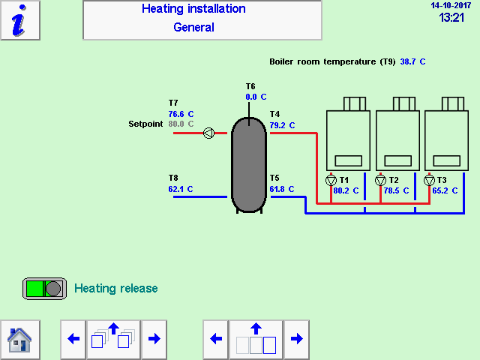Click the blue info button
(20, 20)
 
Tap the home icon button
(19, 339)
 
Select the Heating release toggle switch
(44, 289)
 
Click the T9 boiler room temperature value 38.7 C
(412, 62)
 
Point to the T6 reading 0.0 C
(256, 97)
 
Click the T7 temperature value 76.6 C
(181, 114)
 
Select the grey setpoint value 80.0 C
(181, 124)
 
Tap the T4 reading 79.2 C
(282, 125)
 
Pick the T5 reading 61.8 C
(282, 189)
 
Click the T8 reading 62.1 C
(181, 189)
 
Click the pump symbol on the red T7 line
(208, 133)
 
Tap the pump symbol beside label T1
(331, 180)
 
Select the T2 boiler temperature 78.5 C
(396, 190)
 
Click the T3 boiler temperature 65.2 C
(445, 190)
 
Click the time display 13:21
(451, 17)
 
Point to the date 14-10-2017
(447, 5)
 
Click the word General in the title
(193, 28)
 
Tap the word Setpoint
(145, 124)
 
